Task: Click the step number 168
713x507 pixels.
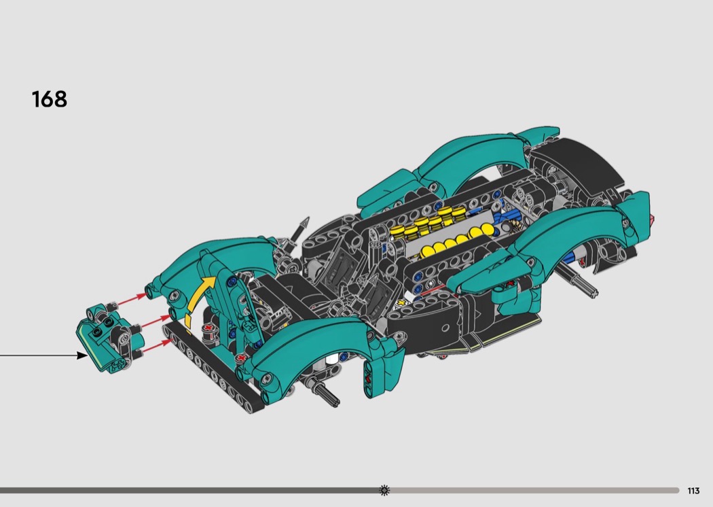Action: tap(49, 99)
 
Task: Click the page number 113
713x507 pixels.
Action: tap(693, 491)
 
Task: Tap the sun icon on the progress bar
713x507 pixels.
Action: tap(384, 490)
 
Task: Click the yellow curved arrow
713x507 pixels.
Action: tap(199, 300)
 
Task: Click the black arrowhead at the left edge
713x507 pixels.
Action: tap(82, 355)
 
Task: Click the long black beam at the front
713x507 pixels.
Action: tap(212, 366)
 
